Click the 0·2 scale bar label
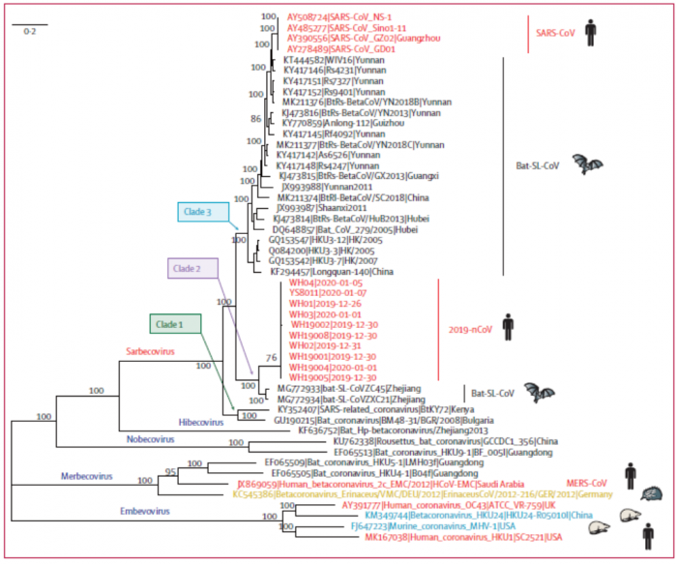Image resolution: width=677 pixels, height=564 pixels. pos(31,32)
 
